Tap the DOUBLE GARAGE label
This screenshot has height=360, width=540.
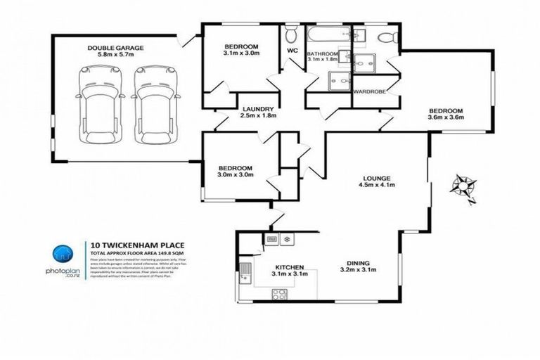116,48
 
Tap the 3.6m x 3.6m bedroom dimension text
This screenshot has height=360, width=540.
446,117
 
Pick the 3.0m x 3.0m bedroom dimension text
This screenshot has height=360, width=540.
235,175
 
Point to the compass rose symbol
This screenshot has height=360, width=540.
465,186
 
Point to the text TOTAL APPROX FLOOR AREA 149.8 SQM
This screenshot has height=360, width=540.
139,253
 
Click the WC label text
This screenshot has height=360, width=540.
292,51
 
